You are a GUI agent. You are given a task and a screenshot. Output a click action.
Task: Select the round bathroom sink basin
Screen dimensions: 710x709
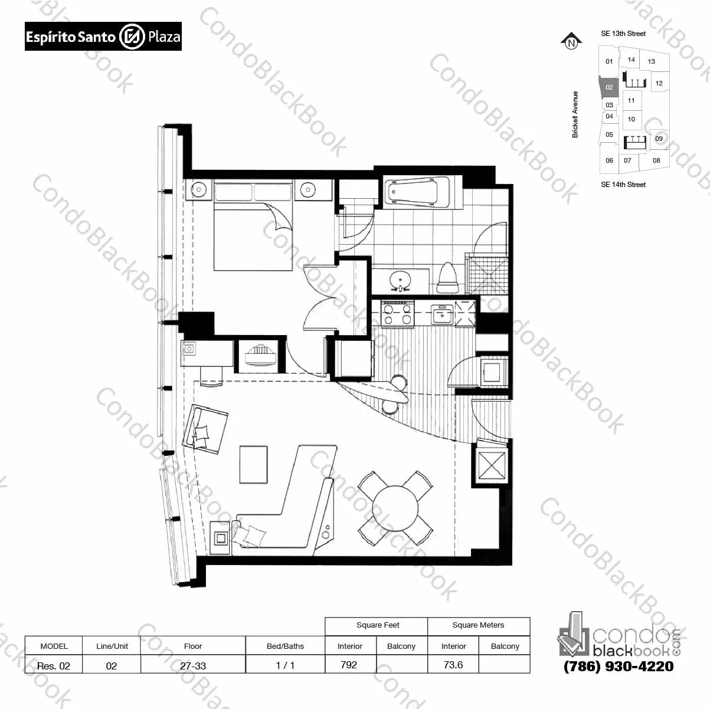click(x=400, y=280)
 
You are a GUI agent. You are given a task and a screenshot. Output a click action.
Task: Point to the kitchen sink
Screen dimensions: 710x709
click(x=442, y=314)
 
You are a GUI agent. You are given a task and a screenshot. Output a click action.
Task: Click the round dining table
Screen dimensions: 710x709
click(x=395, y=508)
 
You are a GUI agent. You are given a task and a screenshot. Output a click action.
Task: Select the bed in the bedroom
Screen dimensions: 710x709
click(x=253, y=225)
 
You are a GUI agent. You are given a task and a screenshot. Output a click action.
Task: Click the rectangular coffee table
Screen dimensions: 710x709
click(x=254, y=464)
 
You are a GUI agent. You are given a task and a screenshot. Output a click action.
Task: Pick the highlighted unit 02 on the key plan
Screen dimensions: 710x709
click(x=608, y=88)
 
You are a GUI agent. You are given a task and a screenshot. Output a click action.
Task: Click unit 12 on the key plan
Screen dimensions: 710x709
click(x=659, y=83)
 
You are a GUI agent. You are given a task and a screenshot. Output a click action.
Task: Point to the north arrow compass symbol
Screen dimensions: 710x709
click(x=571, y=41)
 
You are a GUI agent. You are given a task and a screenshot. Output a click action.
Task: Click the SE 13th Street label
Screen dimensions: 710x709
click(x=623, y=34)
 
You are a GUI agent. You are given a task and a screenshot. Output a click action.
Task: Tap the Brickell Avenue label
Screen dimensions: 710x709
click(x=575, y=114)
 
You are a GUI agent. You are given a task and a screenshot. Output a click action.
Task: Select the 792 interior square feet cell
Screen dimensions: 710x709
click(x=349, y=665)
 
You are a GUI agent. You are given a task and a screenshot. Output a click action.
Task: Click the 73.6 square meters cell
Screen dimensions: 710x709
click(x=453, y=665)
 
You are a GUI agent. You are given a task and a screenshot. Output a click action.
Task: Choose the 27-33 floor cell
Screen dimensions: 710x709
click(x=193, y=665)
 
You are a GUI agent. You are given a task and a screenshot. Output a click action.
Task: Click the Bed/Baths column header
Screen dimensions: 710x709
click(x=285, y=646)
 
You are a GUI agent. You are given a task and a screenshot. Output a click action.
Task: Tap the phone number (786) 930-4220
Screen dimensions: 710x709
click(x=619, y=666)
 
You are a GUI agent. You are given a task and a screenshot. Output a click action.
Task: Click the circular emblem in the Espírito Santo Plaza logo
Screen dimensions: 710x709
click(x=132, y=37)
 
